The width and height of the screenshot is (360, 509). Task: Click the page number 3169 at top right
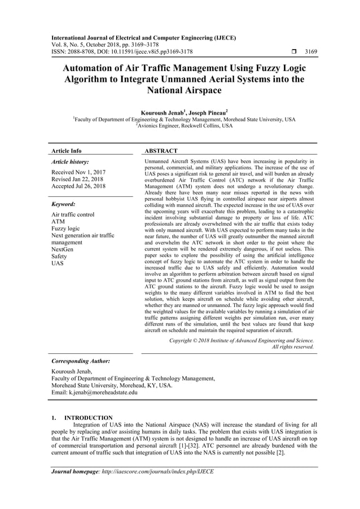coord(310,52)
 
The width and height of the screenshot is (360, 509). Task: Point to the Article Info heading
coord(67,151)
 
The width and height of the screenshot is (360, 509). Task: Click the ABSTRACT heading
coord(161,151)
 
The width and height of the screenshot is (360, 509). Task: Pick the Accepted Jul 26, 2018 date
coord(78,186)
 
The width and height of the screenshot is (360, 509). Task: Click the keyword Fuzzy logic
coord(65,229)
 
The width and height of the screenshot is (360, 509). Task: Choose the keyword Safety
coord(60,256)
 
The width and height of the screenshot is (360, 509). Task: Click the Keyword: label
coord(63,204)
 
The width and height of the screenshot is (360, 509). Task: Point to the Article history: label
coord(70,162)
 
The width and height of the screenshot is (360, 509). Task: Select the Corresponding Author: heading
coord(81,361)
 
